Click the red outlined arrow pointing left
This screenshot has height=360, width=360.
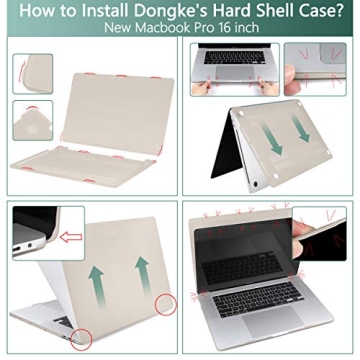(70, 238)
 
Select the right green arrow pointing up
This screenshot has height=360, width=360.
(141, 275)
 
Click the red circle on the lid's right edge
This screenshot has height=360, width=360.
(166, 301)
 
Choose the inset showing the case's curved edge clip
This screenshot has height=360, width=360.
(32, 73)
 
